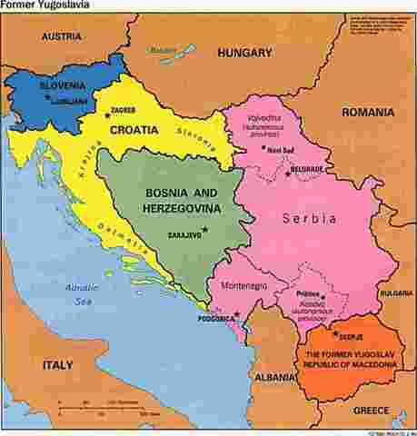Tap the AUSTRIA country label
(x=60, y=37)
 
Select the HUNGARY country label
(x=243, y=54)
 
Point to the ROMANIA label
(x=368, y=113)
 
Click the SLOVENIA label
(x=63, y=86)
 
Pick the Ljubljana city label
(x=69, y=99)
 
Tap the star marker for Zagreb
(x=107, y=115)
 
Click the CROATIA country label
(x=134, y=130)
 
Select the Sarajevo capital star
(x=205, y=229)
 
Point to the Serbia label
(x=309, y=219)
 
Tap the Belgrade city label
(x=306, y=170)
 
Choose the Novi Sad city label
(x=283, y=151)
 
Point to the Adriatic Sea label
(x=83, y=292)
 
